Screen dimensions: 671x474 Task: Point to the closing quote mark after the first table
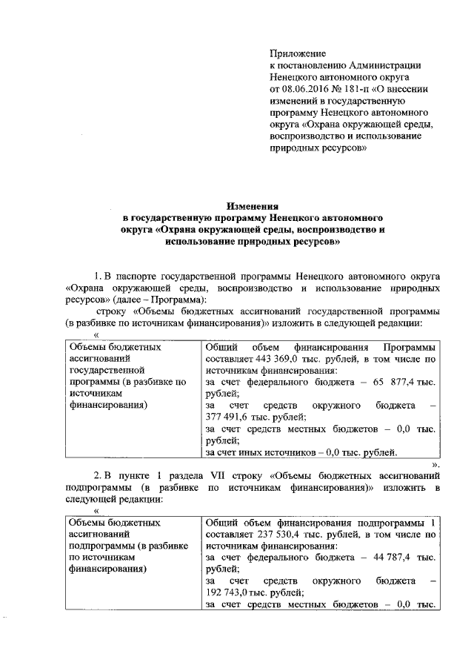tap(436, 464)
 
